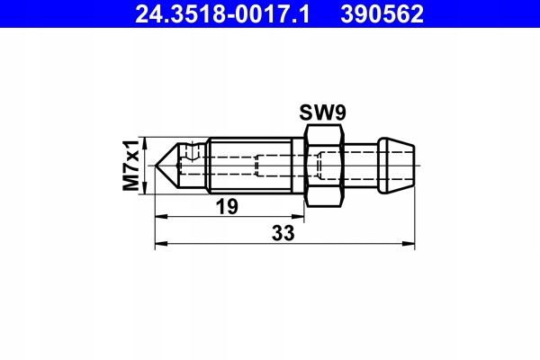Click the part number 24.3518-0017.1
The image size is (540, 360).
click(x=222, y=14)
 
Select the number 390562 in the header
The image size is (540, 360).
click(x=382, y=14)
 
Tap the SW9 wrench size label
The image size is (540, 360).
click(x=322, y=112)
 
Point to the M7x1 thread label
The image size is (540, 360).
click(x=130, y=166)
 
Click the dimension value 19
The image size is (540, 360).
click(x=227, y=207)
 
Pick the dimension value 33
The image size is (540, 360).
click(x=283, y=233)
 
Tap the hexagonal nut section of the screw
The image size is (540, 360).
click(x=324, y=166)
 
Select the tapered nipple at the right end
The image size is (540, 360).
click(x=396, y=166)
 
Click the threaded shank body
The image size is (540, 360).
click(x=250, y=166)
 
